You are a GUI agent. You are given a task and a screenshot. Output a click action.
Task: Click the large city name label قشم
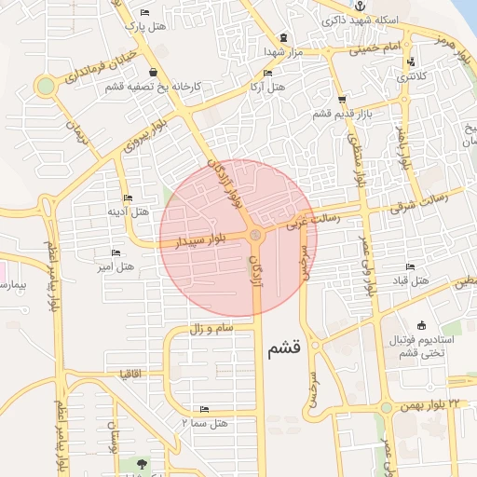point(283,350)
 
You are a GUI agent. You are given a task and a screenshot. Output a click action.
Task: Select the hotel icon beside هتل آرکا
point(268,73)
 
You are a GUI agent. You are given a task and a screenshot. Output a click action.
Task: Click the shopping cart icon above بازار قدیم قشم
point(343,99)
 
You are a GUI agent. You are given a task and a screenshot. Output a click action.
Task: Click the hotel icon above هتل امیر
point(116,253)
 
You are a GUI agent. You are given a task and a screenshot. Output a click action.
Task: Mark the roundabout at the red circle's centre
point(255,235)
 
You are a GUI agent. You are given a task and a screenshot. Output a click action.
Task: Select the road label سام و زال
point(209,330)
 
